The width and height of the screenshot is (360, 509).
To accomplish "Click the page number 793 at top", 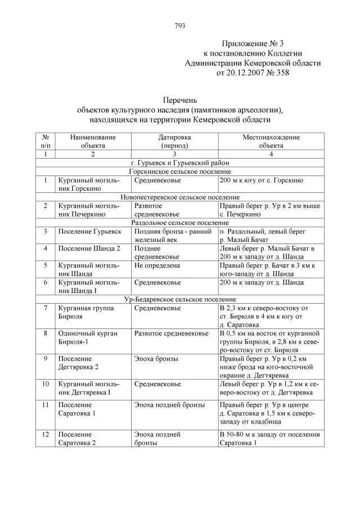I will [180, 26].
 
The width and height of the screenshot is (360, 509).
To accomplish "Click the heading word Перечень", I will [180, 100].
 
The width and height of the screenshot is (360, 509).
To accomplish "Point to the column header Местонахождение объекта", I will [271, 141].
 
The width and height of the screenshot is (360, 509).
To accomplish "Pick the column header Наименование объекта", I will [93, 141].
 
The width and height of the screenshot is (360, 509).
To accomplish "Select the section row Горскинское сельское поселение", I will [180, 172].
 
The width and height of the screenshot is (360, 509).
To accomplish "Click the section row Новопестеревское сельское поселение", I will [180, 197].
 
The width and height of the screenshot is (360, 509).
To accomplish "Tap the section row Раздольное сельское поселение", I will [180, 223].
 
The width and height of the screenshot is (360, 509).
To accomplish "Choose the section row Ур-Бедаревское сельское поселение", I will [180, 300].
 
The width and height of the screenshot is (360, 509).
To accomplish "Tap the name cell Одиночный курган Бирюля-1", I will [88, 337].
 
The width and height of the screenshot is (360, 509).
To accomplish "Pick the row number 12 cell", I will [45, 435].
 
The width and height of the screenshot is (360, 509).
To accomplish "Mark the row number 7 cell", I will [45, 308].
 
